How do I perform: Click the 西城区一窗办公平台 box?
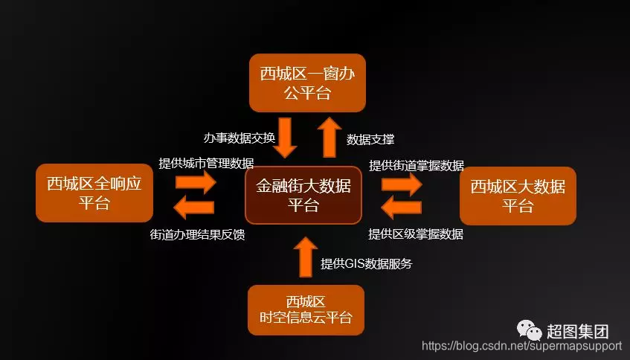[x=306, y=83]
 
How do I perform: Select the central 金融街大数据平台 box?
[x=303, y=195]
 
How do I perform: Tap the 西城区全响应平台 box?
[x=94, y=193]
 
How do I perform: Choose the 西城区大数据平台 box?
[x=518, y=196]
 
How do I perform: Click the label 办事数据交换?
[x=240, y=138]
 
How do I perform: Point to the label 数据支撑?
[x=370, y=139]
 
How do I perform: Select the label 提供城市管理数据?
[x=206, y=164]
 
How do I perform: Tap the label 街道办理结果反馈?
[x=198, y=234]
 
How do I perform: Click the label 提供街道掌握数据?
[x=417, y=164]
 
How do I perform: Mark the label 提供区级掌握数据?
[x=416, y=234]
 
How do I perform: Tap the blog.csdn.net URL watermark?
[x=521, y=346]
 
